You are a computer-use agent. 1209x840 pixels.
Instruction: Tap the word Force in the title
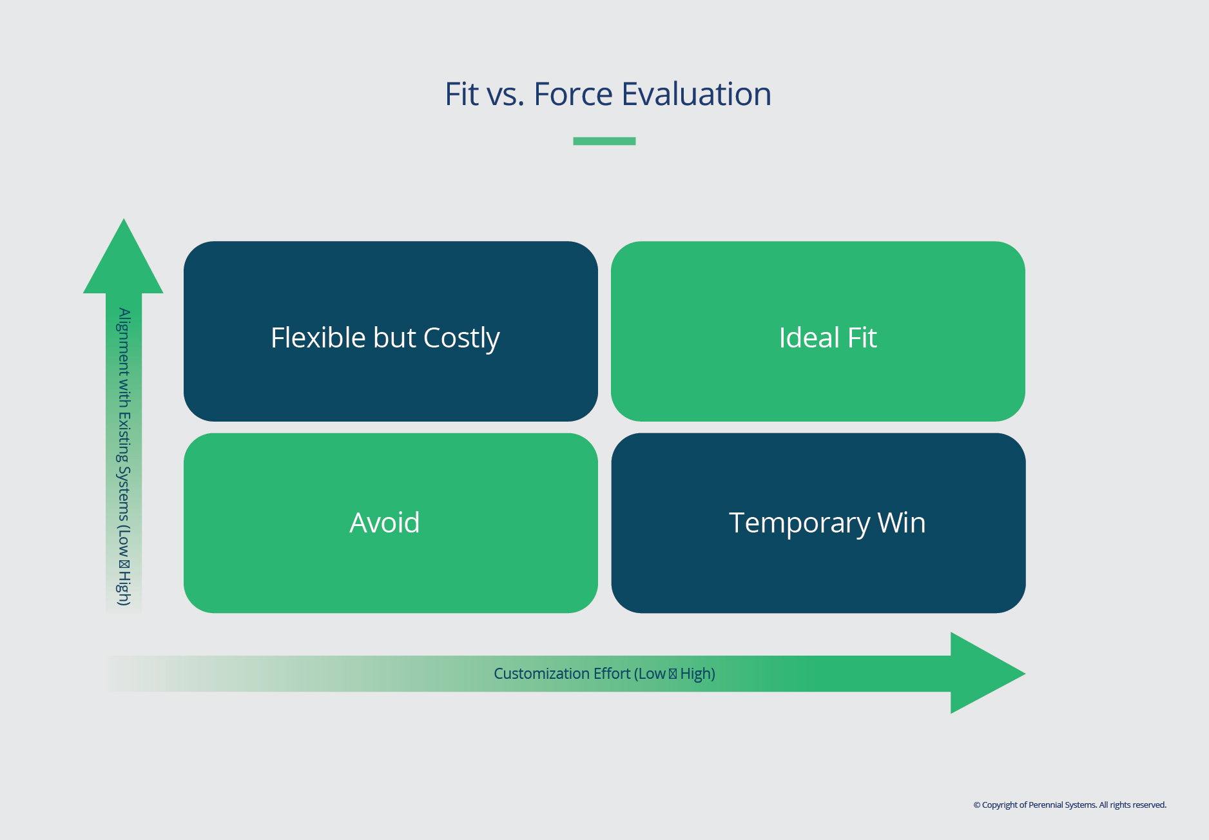click(x=573, y=94)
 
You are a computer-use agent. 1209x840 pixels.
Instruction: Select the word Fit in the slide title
click(x=461, y=94)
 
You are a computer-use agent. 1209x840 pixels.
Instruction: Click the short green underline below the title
click(x=604, y=141)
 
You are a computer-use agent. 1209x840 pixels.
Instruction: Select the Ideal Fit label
click(x=827, y=338)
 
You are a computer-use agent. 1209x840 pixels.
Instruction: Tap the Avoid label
click(x=384, y=523)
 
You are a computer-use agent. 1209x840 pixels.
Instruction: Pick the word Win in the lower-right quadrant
click(x=902, y=523)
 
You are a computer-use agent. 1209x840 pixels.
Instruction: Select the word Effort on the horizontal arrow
click(x=612, y=674)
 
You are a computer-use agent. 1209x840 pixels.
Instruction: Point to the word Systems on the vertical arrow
click(x=124, y=493)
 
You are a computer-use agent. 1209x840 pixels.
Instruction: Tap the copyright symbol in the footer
click(x=977, y=805)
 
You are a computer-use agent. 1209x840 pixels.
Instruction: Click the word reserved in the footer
click(x=1149, y=805)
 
